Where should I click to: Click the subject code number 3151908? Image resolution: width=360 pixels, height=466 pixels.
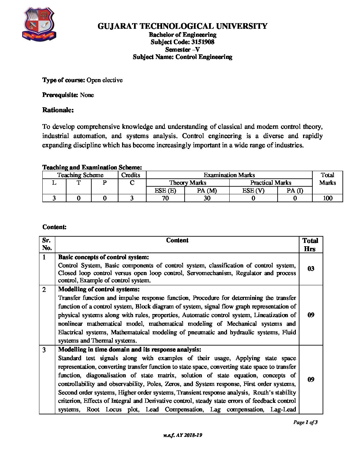click(203, 42)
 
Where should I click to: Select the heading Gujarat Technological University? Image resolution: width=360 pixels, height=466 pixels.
click(182, 26)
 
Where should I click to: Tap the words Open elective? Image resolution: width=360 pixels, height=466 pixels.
click(105, 80)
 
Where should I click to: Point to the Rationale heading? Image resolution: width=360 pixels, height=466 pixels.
click(58, 110)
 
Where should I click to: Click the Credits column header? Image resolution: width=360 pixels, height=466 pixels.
click(131, 175)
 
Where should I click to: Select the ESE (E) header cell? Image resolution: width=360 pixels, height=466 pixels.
click(165, 190)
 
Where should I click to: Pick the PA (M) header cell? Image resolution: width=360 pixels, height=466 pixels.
click(207, 190)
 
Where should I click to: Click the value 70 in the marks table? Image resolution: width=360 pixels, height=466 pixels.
click(165, 198)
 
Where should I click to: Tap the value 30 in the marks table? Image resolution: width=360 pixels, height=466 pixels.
click(207, 198)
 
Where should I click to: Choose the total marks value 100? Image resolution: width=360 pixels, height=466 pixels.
click(328, 198)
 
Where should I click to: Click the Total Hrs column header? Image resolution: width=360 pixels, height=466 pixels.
click(310, 245)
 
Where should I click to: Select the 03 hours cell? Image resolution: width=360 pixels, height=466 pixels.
click(311, 269)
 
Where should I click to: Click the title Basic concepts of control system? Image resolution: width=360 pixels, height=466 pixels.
click(104, 257)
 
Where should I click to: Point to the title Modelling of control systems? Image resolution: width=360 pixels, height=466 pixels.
click(99, 290)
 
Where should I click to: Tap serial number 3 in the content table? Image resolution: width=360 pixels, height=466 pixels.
click(44, 350)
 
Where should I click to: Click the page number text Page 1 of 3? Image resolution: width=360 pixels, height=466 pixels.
click(305, 422)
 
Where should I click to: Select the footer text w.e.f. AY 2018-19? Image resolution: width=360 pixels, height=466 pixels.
click(182, 435)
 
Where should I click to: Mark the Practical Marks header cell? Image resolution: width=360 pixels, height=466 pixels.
click(271, 183)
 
